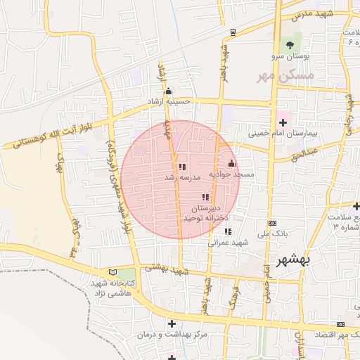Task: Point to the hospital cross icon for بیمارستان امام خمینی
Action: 283,122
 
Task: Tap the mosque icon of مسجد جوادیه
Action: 231,164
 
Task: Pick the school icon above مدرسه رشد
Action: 182,167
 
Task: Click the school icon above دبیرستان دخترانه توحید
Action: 205,198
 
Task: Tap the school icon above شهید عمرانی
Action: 227,231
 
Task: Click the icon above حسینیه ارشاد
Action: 167,91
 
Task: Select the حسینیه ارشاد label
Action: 168,101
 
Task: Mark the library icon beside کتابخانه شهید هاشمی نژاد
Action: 112,272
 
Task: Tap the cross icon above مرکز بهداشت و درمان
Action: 172,323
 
